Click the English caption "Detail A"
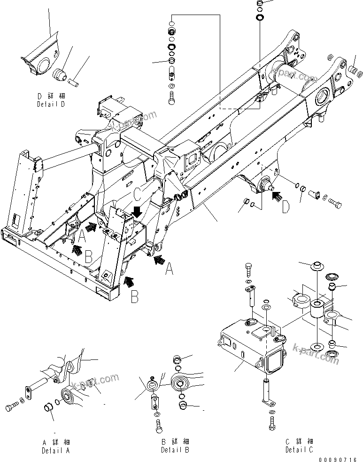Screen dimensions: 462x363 [56, 450]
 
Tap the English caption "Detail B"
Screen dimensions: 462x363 [175, 450]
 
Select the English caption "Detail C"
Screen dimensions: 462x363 [300, 450]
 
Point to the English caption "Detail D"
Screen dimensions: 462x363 [51, 104]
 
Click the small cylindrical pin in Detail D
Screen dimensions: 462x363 [74, 82]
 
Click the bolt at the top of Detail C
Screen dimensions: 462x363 [248, 271]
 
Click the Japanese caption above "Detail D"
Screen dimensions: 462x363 [51, 96]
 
